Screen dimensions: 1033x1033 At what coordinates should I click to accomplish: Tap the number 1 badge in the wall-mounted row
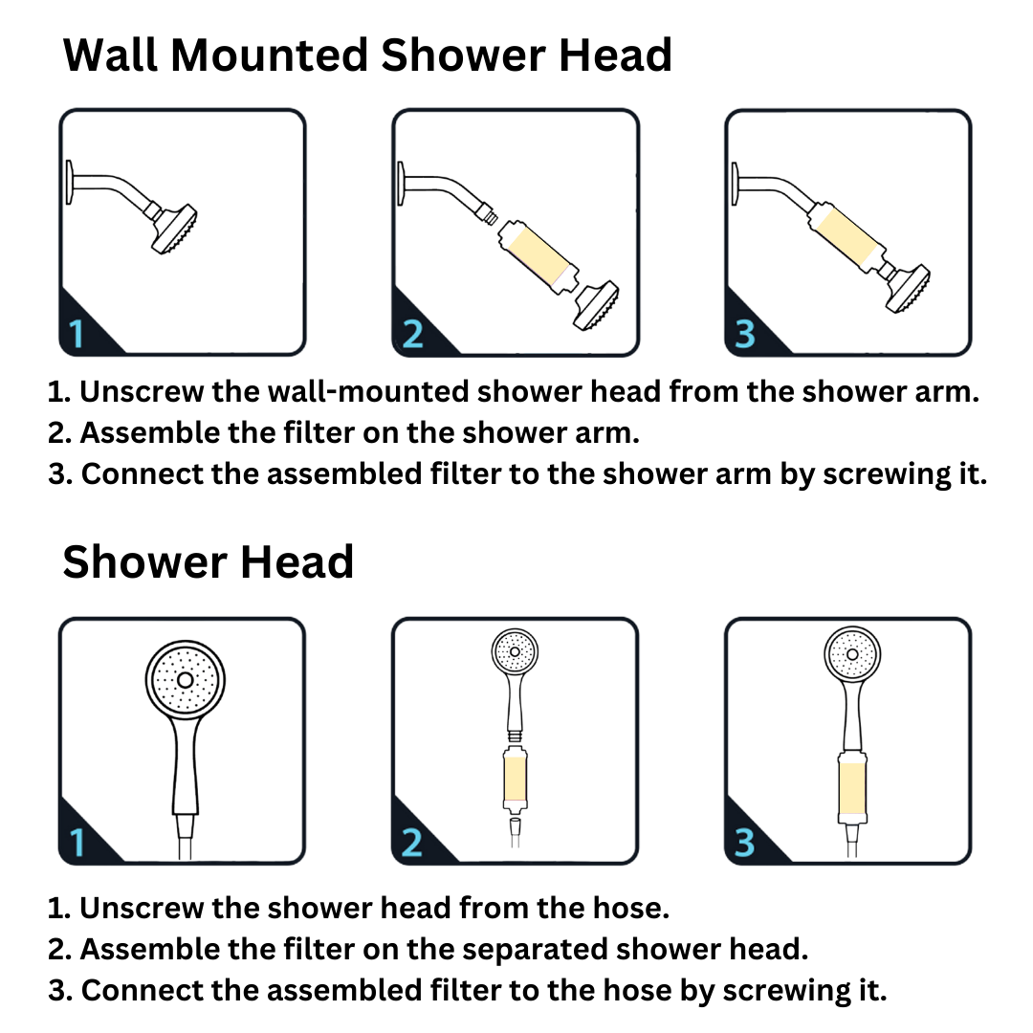77,334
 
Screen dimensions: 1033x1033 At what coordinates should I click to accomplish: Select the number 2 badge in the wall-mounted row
412,334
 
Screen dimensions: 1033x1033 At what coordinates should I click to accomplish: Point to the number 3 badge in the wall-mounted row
744,334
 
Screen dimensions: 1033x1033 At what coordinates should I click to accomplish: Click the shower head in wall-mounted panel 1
172,228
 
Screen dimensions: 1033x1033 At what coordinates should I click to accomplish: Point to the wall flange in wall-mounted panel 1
69,181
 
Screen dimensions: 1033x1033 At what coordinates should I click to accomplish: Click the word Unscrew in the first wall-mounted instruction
142,391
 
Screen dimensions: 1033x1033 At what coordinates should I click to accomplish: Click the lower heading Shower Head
209,562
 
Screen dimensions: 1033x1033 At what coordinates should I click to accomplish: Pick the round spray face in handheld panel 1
186,679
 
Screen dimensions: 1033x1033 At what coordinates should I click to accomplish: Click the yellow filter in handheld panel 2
515,779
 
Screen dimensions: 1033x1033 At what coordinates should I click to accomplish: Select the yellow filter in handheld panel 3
852,787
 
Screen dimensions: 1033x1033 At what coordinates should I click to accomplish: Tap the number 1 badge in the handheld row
77,842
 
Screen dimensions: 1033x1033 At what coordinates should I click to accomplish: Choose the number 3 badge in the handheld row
744,842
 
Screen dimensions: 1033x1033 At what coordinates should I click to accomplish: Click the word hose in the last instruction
636,990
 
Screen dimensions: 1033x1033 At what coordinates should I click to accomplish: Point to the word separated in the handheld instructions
535,950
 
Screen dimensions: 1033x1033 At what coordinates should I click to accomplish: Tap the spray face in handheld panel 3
852,653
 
